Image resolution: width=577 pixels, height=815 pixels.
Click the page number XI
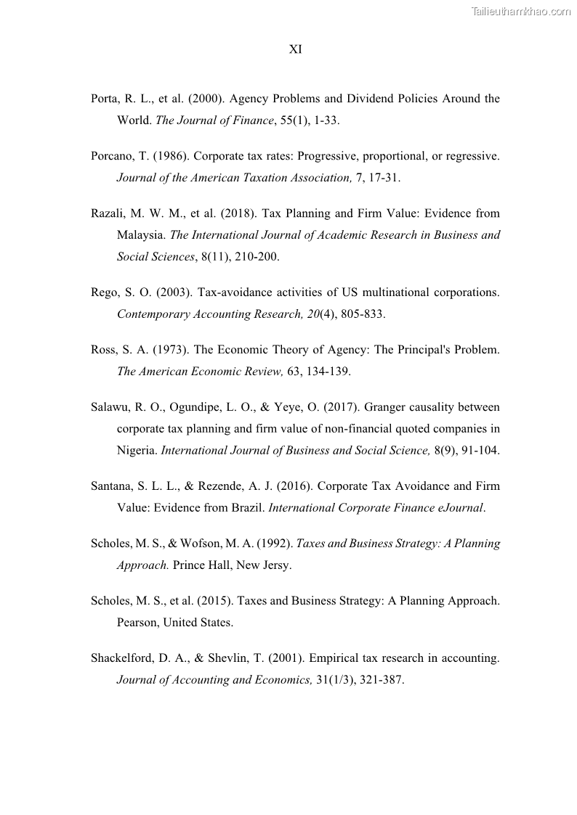click(295, 49)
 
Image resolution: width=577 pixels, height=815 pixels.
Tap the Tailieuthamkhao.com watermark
click(521, 11)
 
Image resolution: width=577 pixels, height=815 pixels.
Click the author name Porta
click(105, 99)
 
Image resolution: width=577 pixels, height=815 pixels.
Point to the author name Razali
click(108, 213)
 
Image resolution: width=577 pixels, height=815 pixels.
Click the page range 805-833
click(361, 314)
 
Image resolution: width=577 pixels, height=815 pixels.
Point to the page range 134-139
click(327, 372)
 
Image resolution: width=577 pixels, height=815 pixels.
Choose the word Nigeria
click(136, 450)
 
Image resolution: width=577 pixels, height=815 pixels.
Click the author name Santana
click(111, 486)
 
